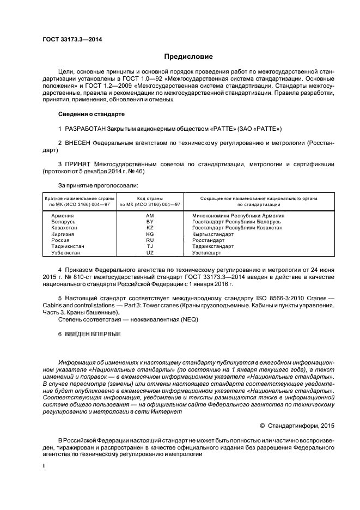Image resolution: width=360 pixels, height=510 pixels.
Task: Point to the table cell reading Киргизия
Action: (x=64, y=234)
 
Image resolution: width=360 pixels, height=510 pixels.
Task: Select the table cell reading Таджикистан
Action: (x=68, y=247)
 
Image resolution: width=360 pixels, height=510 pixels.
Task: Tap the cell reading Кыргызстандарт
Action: (x=213, y=234)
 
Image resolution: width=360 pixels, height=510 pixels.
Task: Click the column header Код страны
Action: (x=150, y=198)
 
